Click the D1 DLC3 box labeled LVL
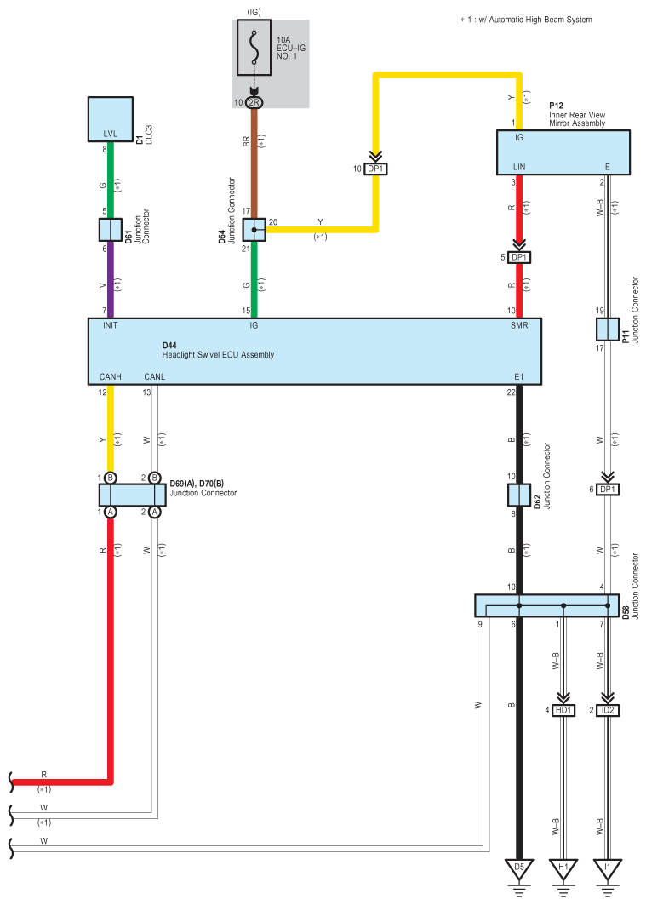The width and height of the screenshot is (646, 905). click(110, 119)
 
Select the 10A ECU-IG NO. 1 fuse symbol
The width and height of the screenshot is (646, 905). click(254, 48)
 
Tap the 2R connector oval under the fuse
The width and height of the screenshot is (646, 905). click(254, 103)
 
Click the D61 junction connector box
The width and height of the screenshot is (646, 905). click(110, 230)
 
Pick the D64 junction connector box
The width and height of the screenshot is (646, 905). click(254, 230)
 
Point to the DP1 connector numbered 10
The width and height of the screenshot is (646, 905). click(375, 169)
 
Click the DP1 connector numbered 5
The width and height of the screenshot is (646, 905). click(519, 257)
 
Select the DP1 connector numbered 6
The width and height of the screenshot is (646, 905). click(608, 490)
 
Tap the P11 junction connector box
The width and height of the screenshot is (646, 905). click(608, 329)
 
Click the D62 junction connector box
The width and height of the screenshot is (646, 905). click(519, 495)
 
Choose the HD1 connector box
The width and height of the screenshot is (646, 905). click(563, 710)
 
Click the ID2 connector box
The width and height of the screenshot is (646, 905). click(608, 710)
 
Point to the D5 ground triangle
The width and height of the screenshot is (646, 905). click(519, 869)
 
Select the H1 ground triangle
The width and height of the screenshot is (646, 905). click(563, 869)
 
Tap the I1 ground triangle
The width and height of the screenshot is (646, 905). click(608, 869)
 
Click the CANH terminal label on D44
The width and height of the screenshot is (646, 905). click(110, 377)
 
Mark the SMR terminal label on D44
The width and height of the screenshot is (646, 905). click(519, 325)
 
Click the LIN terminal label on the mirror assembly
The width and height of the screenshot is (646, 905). click(519, 167)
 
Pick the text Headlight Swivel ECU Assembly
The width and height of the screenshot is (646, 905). click(218, 355)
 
